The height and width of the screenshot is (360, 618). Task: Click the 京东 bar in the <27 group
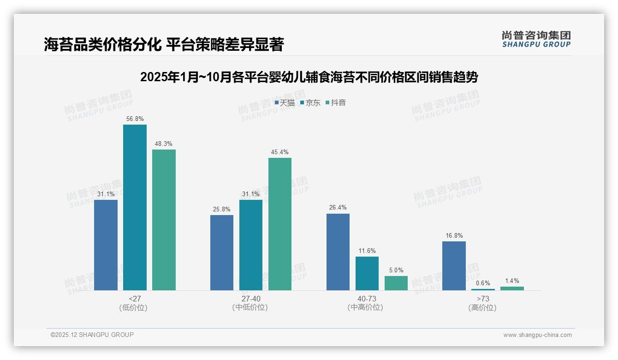tap(135, 207)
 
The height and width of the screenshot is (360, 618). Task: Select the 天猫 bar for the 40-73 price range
tap(338, 252)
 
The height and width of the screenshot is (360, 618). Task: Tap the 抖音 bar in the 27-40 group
tap(280, 224)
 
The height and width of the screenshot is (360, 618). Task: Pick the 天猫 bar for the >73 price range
tap(454, 265)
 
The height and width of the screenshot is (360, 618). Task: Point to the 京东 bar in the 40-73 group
tap(367, 273)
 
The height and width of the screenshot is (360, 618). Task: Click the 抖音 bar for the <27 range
tap(164, 220)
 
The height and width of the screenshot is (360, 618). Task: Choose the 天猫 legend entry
tap(285, 102)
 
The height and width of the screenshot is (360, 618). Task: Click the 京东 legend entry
tap(310, 102)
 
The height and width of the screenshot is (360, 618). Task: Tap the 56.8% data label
tap(135, 119)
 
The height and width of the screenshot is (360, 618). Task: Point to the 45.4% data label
tap(280, 152)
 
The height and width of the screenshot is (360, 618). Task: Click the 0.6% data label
tap(483, 283)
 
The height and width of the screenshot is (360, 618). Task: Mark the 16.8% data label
tap(454, 235)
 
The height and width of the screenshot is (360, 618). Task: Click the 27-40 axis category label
tap(251, 299)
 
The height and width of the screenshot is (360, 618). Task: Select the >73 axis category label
tap(483, 299)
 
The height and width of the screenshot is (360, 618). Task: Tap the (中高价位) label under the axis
tap(365, 307)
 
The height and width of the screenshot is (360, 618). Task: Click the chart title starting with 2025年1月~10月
tap(309, 77)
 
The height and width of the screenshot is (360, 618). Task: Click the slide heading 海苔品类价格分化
tap(164, 45)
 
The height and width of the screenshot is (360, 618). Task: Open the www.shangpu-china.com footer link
tap(537, 335)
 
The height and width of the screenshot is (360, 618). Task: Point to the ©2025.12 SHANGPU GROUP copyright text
tap(92, 335)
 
